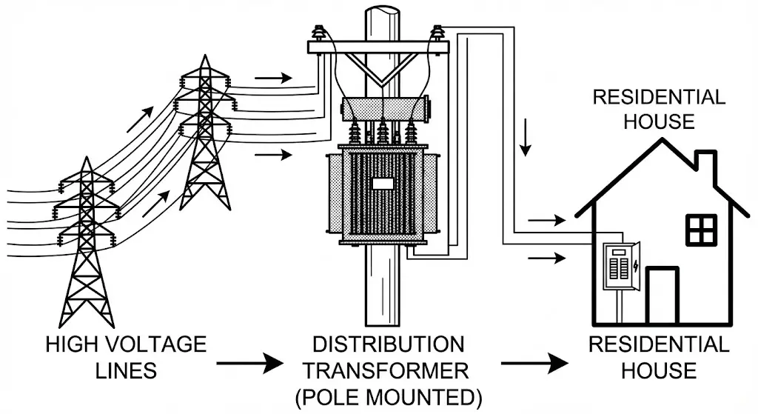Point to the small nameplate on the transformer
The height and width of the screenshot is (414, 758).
pos(382,184)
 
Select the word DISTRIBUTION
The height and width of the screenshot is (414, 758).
pos(389,345)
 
